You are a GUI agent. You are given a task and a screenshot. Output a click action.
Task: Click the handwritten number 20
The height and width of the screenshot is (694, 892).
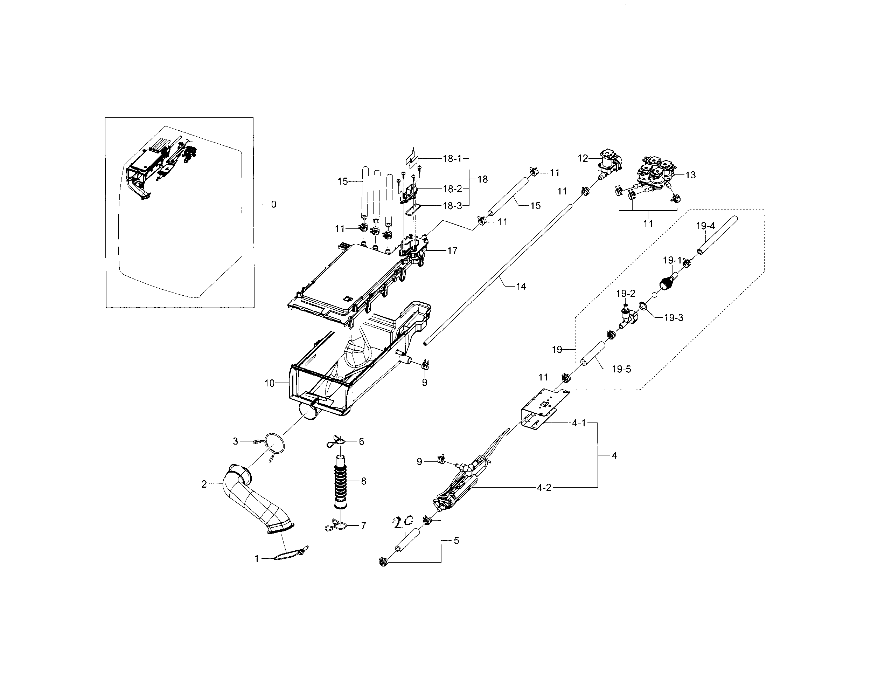pyautogui.click(x=404, y=522)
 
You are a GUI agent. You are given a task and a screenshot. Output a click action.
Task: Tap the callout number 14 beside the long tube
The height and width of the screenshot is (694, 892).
pyautogui.click(x=521, y=287)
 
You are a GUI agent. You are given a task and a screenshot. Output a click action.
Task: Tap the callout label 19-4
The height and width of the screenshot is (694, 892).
pyautogui.click(x=705, y=226)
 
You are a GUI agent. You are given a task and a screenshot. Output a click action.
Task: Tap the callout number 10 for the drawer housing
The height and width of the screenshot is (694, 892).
pyautogui.click(x=269, y=383)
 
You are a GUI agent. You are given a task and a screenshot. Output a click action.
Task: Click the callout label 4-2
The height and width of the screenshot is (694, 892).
pyautogui.click(x=544, y=487)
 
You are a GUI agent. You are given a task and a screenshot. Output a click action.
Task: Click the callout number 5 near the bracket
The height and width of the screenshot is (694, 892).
pyautogui.click(x=456, y=540)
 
